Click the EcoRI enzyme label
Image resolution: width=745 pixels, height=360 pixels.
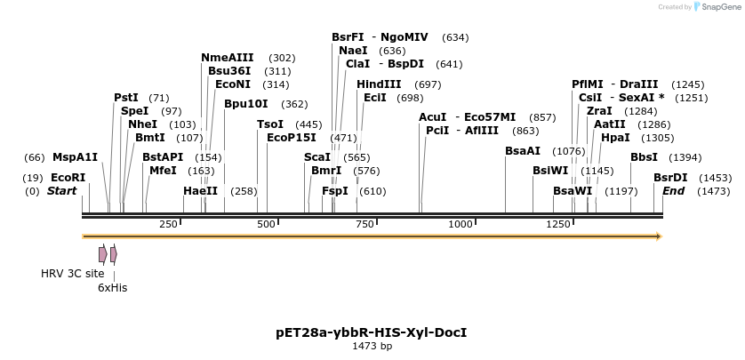point(68,178)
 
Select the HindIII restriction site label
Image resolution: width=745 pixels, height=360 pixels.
point(379,84)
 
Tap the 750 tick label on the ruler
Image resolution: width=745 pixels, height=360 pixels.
point(364,224)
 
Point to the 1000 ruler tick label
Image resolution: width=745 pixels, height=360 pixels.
point(460,224)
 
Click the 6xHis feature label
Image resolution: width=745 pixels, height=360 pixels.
point(112,287)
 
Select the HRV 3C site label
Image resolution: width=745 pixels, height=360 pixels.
point(72,274)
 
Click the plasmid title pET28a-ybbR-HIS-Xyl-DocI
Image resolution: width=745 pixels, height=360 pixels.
point(372,332)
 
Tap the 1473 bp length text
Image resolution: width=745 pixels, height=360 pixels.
point(372,346)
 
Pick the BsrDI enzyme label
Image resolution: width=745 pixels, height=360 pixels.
point(670,178)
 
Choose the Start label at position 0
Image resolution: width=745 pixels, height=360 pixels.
point(61,190)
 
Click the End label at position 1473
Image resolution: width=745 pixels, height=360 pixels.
point(673,190)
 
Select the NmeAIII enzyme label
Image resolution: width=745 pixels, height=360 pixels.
point(227,58)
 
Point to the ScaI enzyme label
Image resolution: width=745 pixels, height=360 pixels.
point(316,156)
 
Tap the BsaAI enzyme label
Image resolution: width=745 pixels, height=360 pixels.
point(522,151)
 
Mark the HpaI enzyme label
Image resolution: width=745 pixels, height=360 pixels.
point(614,138)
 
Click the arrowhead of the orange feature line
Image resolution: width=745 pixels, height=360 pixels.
point(659,236)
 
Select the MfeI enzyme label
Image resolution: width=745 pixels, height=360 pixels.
point(163,170)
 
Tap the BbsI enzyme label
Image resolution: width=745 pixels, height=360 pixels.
point(644,157)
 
